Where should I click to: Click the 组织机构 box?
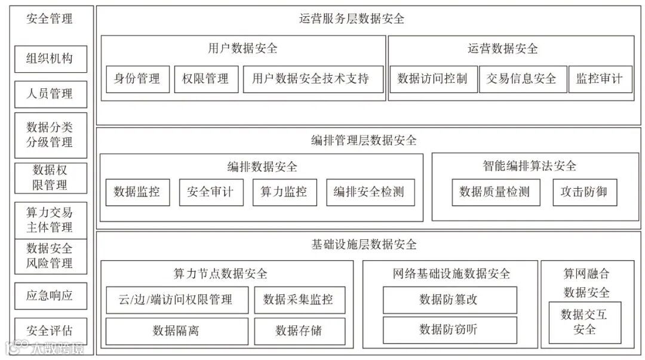click(x=51, y=59)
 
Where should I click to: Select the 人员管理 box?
click(x=51, y=94)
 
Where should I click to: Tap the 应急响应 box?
click(x=51, y=296)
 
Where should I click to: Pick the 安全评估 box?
click(x=51, y=331)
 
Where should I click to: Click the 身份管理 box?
click(x=137, y=79)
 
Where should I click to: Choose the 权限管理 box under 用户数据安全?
click(x=206, y=79)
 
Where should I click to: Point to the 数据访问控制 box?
click(x=433, y=79)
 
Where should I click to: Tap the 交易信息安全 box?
click(x=522, y=79)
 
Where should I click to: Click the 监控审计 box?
click(x=600, y=79)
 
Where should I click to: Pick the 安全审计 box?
click(x=211, y=192)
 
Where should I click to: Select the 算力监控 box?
click(x=284, y=192)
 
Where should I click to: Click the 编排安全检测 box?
click(x=370, y=192)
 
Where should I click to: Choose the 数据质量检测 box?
click(x=495, y=192)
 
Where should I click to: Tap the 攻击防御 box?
click(x=584, y=192)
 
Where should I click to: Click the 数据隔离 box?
click(x=177, y=331)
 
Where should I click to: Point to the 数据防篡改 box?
click(x=449, y=300)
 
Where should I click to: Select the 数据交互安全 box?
click(x=585, y=322)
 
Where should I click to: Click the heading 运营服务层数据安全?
click(x=352, y=19)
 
